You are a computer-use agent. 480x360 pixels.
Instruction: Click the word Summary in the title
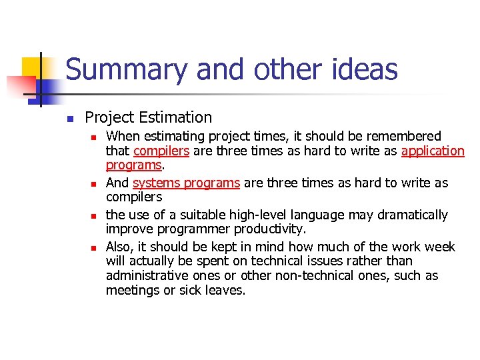116,70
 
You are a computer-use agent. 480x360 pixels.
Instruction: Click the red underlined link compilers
161,151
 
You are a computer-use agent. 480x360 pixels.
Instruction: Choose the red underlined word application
433,151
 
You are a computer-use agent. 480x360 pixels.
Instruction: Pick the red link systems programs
186,183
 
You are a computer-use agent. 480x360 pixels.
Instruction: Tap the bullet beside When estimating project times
94,137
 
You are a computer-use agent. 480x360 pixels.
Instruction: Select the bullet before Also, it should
94,247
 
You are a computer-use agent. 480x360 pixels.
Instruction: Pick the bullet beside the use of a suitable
94,215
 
